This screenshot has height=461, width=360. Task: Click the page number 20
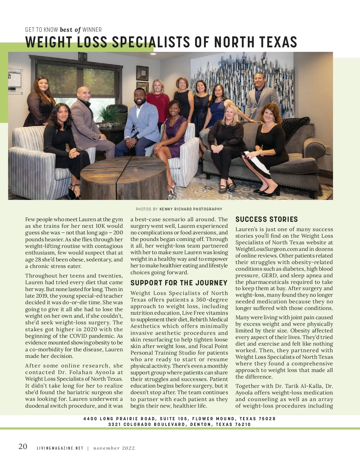click(23, 447)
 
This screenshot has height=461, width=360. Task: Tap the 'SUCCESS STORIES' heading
click(266, 219)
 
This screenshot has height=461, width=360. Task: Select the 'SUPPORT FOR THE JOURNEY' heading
click(179, 283)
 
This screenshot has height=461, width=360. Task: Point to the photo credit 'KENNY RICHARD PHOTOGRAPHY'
click(191, 209)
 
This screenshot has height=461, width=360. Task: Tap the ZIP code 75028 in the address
click(267, 419)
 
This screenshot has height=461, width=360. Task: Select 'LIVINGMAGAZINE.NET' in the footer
click(60, 448)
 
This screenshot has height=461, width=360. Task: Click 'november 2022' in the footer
click(114, 448)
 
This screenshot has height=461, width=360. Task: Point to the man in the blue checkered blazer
click(140, 120)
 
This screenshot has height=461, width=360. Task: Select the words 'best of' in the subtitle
click(70, 30)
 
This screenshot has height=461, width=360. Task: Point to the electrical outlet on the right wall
click(328, 149)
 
